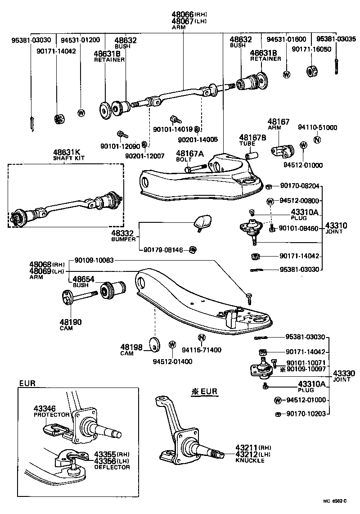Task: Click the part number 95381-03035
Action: point(336,39)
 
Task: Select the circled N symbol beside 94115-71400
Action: point(202,338)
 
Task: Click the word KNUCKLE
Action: point(250,461)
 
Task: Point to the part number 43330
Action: point(344,373)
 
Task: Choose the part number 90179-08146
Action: point(163,250)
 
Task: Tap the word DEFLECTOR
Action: point(112,467)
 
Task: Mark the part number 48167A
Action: point(189,153)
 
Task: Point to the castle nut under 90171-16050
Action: point(311,71)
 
